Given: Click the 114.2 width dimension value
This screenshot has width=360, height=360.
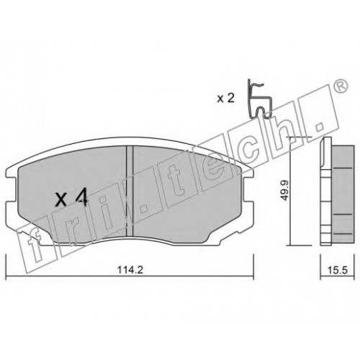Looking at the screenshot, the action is [130, 270].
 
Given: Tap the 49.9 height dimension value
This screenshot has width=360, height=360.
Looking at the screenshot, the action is [285, 190].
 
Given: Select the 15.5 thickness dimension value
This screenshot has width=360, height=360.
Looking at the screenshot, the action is [337, 270].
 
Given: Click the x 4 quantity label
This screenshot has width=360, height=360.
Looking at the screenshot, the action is [71, 200].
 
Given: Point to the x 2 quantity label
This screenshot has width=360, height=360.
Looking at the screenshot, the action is [225, 98].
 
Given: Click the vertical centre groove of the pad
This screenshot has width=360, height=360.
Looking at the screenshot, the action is [130, 192].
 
